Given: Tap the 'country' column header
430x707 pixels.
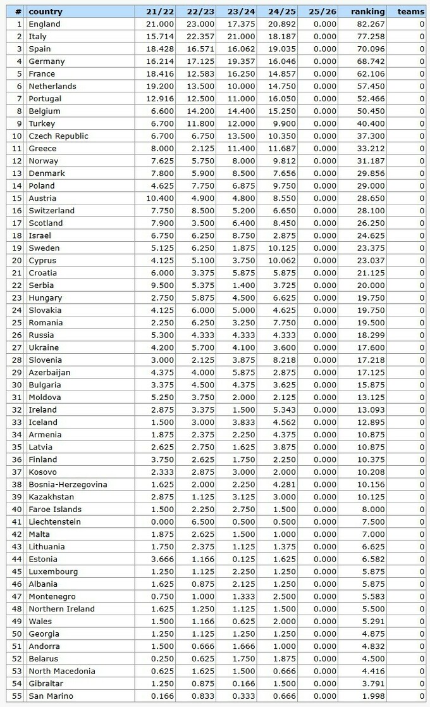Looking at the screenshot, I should (46, 11).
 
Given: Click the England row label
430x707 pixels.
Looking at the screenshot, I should (44, 24).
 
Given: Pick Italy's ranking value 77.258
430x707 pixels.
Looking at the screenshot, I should (371, 37).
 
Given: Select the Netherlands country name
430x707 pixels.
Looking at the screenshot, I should (52, 86).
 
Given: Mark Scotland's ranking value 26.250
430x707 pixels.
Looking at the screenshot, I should (371, 223).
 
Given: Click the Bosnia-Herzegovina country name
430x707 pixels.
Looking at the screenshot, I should (68, 484).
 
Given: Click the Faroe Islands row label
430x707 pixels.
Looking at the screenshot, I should (55, 510).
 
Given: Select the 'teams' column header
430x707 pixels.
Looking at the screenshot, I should (410, 11).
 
